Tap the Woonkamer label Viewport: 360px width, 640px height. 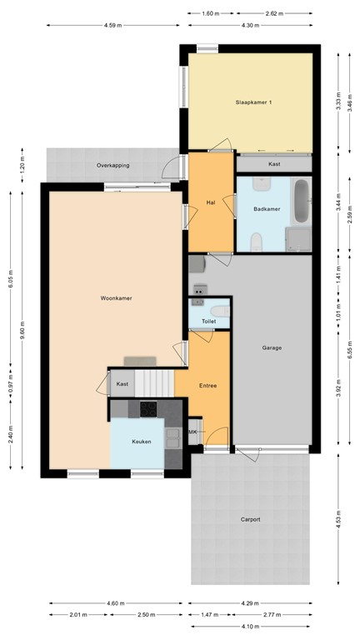click(x=117, y=298)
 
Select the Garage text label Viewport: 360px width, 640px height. click(x=272, y=348)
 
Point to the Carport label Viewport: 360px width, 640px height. click(x=250, y=519)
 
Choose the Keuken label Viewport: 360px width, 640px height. click(x=142, y=442)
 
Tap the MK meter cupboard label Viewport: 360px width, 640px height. click(x=192, y=432)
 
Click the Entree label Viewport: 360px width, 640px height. click(x=207, y=386)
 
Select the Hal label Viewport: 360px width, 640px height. click(x=211, y=202)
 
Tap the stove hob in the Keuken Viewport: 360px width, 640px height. click(x=149, y=408)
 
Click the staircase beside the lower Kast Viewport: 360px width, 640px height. click(x=155, y=383)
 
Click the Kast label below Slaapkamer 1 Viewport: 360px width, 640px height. click(x=274, y=164)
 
